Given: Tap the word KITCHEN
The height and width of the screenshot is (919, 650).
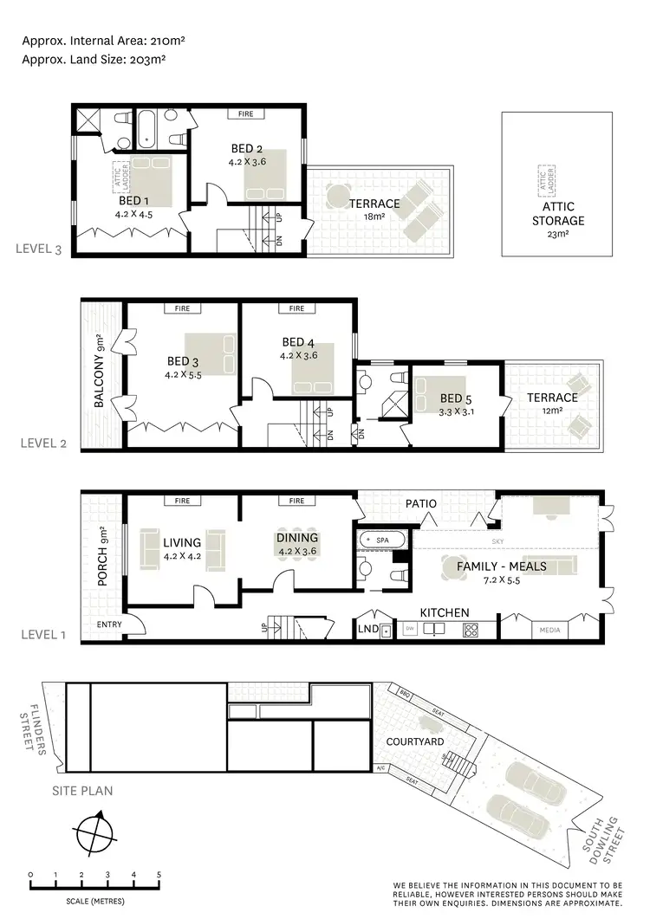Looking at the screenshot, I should [x=445, y=613].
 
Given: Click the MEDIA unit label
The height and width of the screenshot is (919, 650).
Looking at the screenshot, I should [x=549, y=630].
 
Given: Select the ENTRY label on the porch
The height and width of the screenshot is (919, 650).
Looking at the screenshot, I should [x=109, y=624].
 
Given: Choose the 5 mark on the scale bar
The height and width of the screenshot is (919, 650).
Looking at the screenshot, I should [x=159, y=874].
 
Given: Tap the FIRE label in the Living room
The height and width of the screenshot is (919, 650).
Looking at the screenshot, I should [x=182, y=501].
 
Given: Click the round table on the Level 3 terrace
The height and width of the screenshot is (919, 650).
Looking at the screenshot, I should [x=336, y=196].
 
